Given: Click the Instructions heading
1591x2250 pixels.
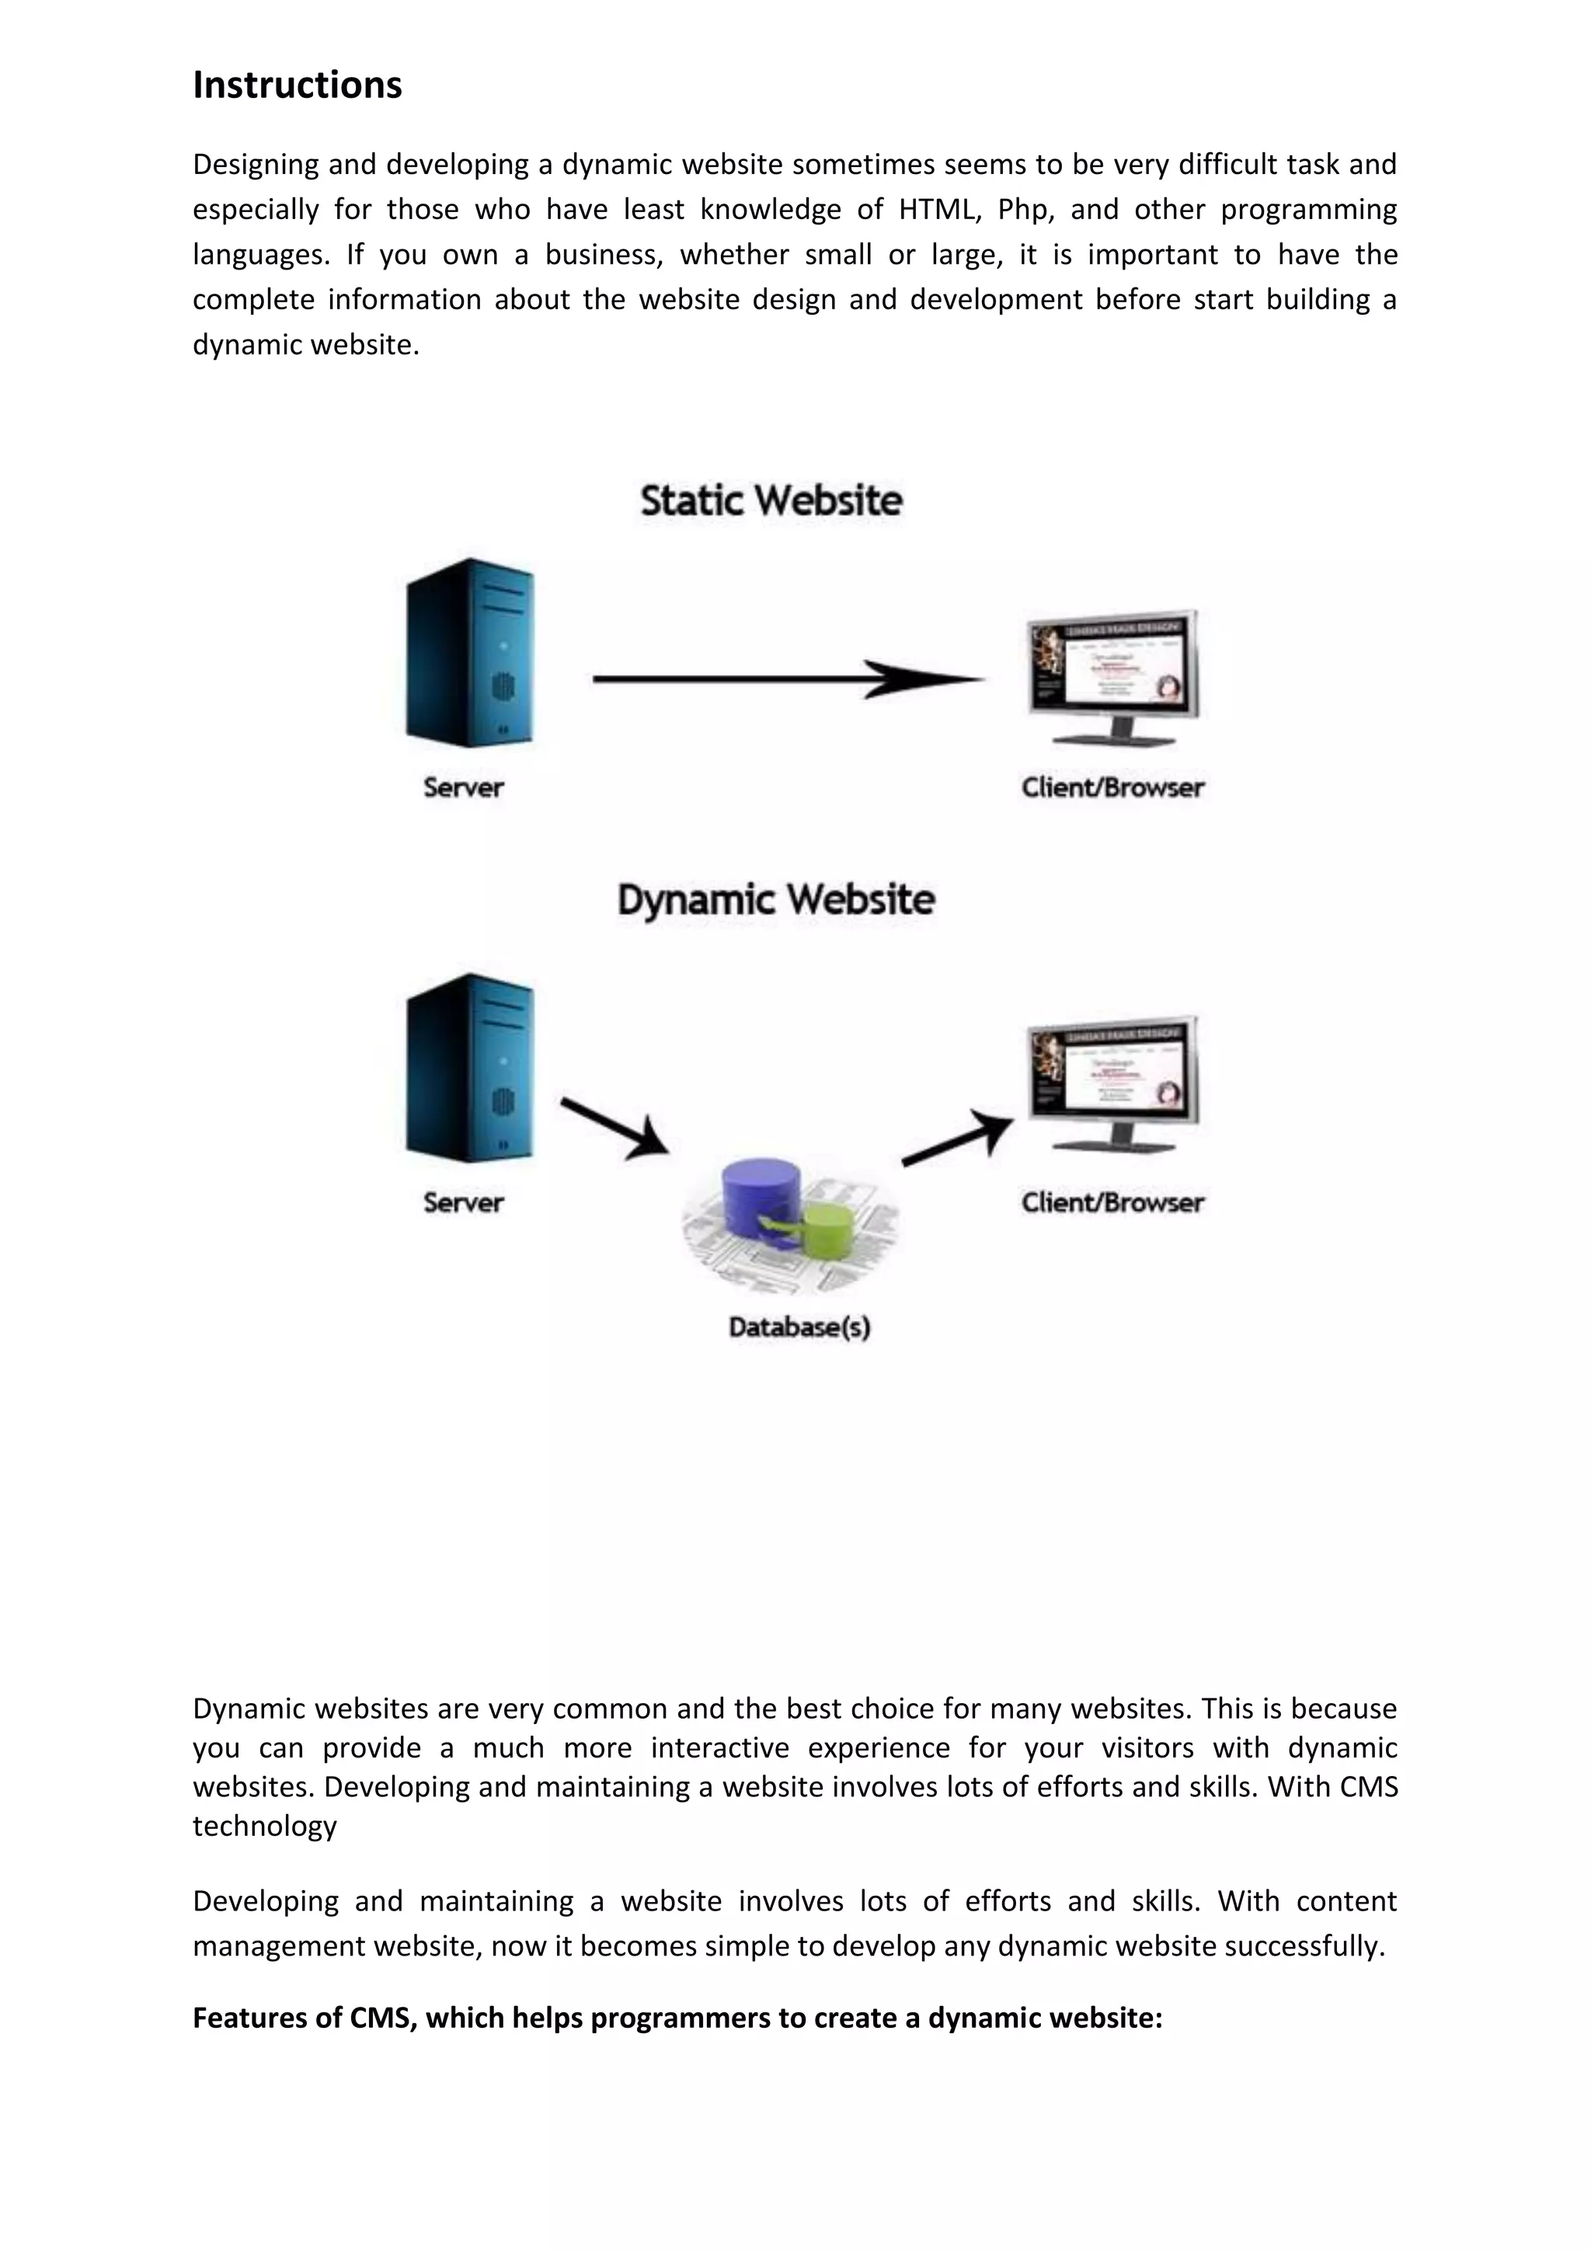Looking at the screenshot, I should (297, 85).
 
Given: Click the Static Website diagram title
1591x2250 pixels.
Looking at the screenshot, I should (771, 501).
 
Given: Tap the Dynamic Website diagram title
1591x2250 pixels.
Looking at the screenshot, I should (776, 900).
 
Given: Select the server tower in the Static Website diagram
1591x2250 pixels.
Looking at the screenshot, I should (470, 652).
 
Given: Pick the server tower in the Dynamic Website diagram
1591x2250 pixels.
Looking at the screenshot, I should (470, 1068).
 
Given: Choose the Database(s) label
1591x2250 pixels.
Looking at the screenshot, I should (799, 1327).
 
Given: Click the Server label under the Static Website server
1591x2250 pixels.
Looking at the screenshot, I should (463, 787).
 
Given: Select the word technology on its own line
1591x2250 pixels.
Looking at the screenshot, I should (264, 1826).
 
